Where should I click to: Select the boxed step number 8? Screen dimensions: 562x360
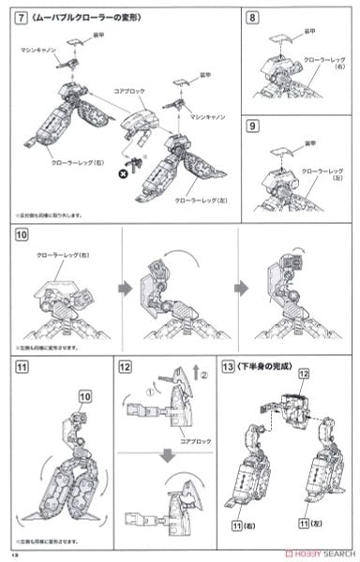coord(252,18)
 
